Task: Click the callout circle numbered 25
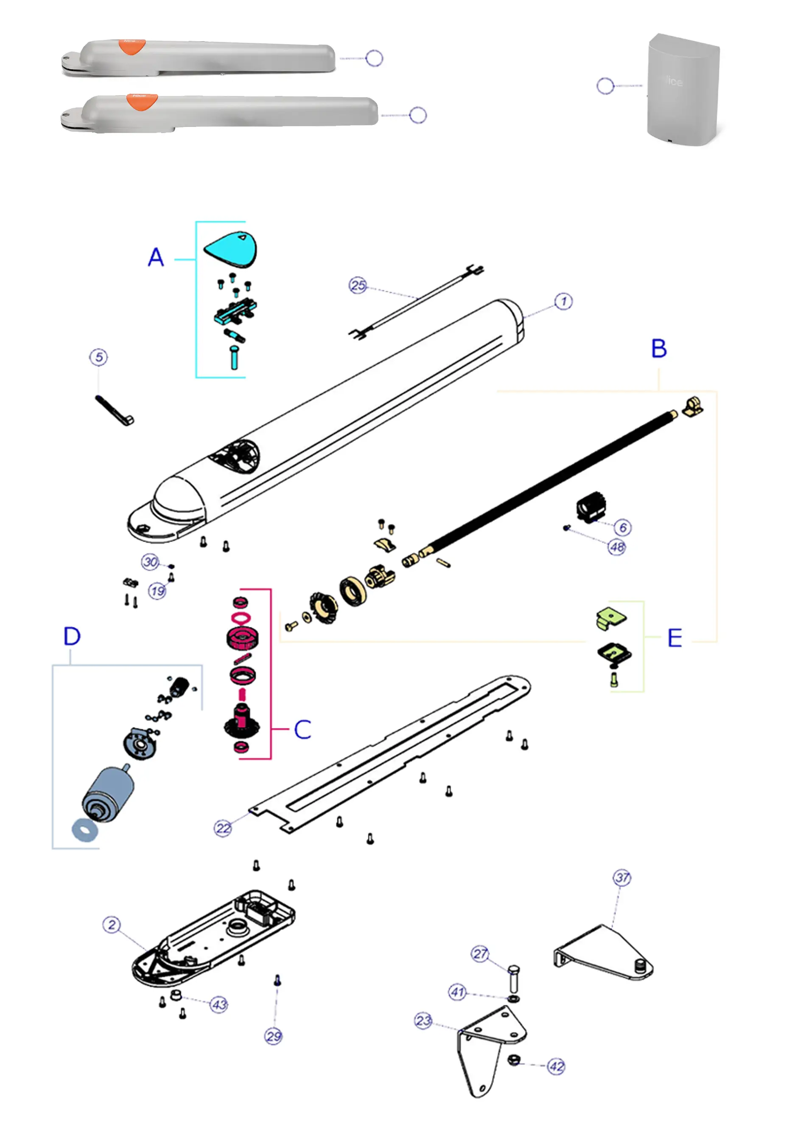pyautogui.click(x=358, y=285)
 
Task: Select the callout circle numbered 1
pyautogui.click(x=563, y=302)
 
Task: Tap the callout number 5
pyautogui.click(x=99, y=357)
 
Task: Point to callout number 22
pyautogui.click(x=223, y=828)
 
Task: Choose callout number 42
pyautogui.click(x=556, y=1066)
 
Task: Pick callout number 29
pyautogui.click(x=273, y=1037)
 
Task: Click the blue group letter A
pyautogui.click(x=156, y=258)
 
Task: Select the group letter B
pyautogui.click(x=659, y=349)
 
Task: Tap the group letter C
pyautogui.click(x=302, y=730)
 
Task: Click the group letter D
pyautogui.click(x=72, y=636)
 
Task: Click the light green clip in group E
pyautogui.click(x=611, y=619)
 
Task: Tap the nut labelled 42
pyautogui.click(x=513, y=1060)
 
